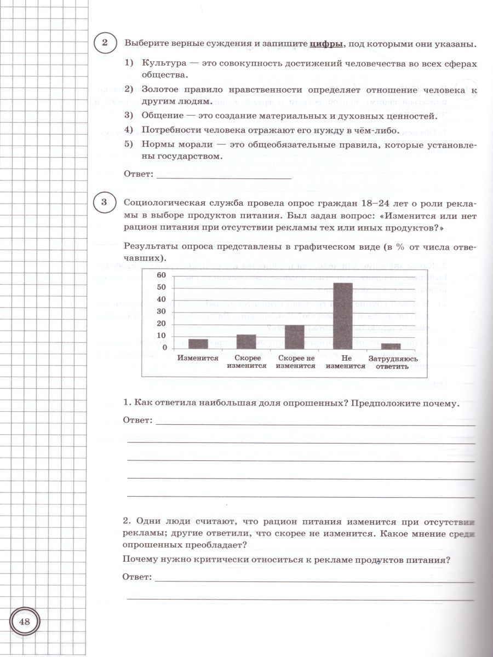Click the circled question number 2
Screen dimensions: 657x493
pyautogui.click(x=105, y=43)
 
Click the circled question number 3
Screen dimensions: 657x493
pyautogui.click(x=105, y=203)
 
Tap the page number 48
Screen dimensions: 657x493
pyautogui.click(x=25, y=621)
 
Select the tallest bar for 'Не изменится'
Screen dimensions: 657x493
pyautogui.click(x=343, y=316)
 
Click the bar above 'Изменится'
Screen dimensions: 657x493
pyautogui.click(x=198, y=344)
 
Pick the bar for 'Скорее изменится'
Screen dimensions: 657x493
pyautogui.click(x=246, y=342)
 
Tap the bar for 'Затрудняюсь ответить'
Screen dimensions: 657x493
pyautogui.click(x=391, y=346)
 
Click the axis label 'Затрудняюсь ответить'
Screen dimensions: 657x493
pyautogui.click(x=393, y=362)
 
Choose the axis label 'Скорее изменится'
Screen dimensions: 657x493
pyautogui.click(x=246, y=362)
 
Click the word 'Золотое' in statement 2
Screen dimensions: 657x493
pyautogui.click(x=159, y=89)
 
